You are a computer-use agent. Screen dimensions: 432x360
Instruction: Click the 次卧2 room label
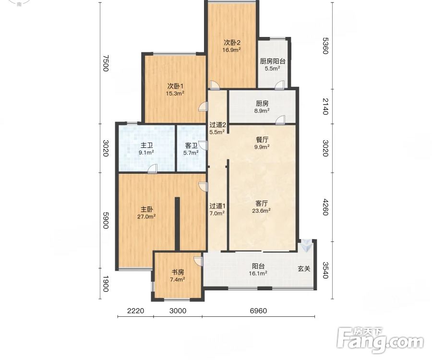coord(232,43)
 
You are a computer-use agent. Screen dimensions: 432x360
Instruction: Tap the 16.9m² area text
coord(232,50)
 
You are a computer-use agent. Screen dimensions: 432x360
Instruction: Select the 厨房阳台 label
coord(273,61)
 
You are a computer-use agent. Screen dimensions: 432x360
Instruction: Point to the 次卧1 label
coord(175,86)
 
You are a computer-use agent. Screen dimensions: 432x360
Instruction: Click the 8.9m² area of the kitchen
coord(262,111)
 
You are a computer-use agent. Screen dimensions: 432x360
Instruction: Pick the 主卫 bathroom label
coord(146,145)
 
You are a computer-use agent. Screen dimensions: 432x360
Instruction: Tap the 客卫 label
coord(191,145)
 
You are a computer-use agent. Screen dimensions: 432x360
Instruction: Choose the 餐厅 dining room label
coord(262,140)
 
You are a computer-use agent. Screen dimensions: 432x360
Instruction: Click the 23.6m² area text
coord(261,211)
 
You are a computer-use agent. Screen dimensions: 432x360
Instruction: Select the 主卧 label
coord(146,209)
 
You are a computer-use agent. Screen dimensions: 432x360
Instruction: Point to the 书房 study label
coord(178,273)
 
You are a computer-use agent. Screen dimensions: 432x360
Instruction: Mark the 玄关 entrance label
coord(304,268)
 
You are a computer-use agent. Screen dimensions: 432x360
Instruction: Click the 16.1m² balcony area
coord(258,273)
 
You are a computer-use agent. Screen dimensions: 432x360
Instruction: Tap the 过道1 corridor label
coord(217,206)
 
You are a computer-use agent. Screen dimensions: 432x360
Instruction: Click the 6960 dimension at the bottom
coord(258,311)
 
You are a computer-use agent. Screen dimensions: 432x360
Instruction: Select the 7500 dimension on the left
coord(106,63)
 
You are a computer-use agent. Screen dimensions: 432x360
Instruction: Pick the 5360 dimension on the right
coord(325,46)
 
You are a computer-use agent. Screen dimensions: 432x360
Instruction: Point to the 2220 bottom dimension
coord(135,311)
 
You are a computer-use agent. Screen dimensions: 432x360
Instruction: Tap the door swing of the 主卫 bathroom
coord(153,168)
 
